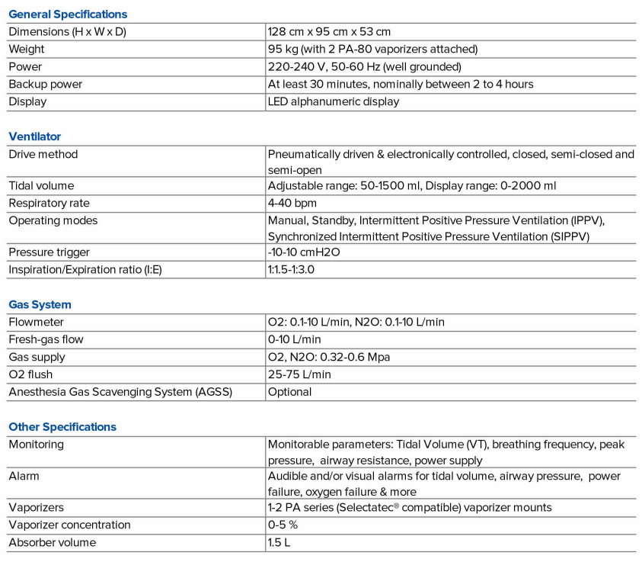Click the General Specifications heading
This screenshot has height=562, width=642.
pyautogui.click(x=68, y=14)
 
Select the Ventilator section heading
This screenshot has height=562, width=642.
pyautogui.click(x=34, y=136)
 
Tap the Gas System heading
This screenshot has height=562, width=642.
pyautogui.click(x=40, y=304)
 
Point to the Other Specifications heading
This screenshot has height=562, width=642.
pyautogui.click(x=62, y=427)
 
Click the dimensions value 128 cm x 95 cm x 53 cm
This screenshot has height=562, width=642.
pyautogui.click(x=329, y=32)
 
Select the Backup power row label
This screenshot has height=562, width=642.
pyautogui.click(x=45, y=84)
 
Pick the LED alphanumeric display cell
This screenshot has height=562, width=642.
pyautogui.click(x=333, y=101)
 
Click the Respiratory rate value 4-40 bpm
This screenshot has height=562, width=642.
pyautogui.click(x=292, y=204)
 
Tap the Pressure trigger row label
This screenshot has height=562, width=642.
pyautogui.click(x=49, y=252)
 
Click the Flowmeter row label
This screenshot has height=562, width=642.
pyautogui.click(x=36, y=322)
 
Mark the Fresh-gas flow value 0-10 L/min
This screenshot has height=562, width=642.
pyautogui.click(x=294, y=339)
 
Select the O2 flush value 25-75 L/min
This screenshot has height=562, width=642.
pyautogui.click(x=299, y=374)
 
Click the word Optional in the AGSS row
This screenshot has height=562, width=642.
pyautogui.click(x=289, y=392)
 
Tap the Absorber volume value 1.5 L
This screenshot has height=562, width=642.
pyautogui.click(x=279, y=542)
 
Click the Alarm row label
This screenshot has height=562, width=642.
pyautogui.click(x=24, y=476)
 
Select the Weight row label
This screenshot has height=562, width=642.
pyautogui.click(x=27, y=49)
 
